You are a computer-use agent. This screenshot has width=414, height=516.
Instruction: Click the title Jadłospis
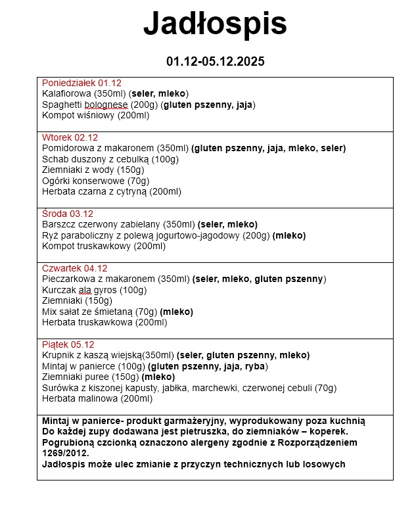(x=215, y=25)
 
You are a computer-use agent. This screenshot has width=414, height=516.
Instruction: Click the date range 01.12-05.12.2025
(x=215, y=62)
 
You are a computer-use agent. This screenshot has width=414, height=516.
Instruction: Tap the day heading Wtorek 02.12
(x=70, y=138)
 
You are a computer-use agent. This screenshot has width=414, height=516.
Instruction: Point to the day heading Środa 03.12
(x=68, y=214)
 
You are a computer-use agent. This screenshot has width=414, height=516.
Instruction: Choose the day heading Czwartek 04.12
(x=74, y=268)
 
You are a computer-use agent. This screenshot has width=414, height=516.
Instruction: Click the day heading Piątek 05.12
(x=68, y=344)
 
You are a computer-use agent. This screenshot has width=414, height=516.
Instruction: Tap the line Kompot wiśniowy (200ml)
(x=95, y=116)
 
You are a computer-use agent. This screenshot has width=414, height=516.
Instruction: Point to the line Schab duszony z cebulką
(x=110, y=159)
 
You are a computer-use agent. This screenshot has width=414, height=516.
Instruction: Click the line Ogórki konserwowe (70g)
(x=95, y=181)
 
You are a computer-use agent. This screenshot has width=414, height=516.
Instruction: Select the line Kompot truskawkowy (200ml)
(x=103, y=246)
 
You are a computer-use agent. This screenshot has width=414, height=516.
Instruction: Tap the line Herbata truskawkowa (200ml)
(x=104, y=323)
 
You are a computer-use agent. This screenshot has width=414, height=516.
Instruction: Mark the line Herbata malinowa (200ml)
(x=97, y=398)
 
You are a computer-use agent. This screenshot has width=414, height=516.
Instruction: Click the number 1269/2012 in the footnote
(x=65, y=454)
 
